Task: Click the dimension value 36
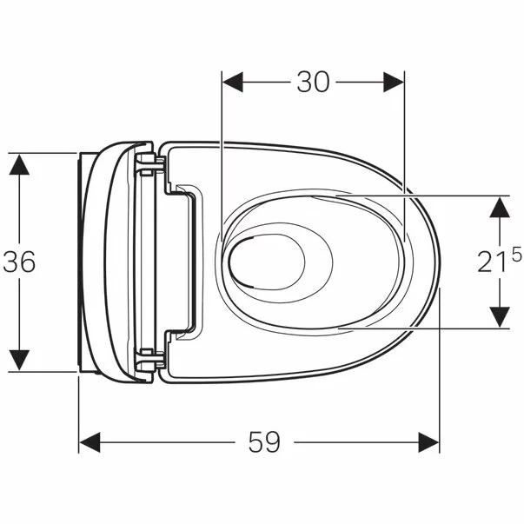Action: [18, 262]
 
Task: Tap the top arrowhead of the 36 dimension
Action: [18, 163]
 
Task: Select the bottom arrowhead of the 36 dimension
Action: [18, 361]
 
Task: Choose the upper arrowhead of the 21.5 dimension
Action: [500, 205]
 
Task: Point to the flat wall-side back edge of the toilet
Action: [82, 262]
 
